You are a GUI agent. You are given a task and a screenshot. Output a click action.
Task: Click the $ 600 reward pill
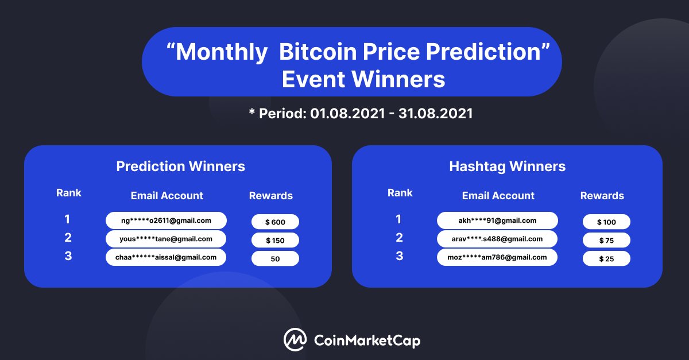(x=275, y=222)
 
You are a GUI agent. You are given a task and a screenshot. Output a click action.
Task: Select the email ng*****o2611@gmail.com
(x=166, y=220)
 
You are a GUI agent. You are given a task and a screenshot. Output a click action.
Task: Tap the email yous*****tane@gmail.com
(x=166, y=239)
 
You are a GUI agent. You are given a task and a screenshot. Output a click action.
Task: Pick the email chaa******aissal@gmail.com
(x=166, y=257)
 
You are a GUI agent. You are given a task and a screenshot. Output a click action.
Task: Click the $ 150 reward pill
(x=275, y=240)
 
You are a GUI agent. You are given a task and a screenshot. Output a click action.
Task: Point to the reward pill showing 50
(x=275, y=258)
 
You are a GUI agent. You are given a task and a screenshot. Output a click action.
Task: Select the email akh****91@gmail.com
(x=497, y=220)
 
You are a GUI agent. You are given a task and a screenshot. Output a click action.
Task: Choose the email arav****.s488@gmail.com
(x=497, y=239)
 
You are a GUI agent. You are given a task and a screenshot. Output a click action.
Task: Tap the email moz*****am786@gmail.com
(x=497, y=257)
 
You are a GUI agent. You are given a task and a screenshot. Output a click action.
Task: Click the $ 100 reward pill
(x=606, y=222)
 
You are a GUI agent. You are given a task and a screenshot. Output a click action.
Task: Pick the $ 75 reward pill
(x=606, y=240)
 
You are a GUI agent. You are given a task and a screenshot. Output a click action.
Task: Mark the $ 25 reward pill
(x=606, y=258)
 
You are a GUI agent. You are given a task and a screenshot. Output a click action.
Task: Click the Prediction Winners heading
(x=180, y=167)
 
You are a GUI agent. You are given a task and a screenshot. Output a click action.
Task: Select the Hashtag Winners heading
(x=507, y=167)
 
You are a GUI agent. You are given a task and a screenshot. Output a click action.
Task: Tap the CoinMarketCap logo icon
(x=295, y=340)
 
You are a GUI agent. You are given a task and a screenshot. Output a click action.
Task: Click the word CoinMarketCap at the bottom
(x=367, y=340)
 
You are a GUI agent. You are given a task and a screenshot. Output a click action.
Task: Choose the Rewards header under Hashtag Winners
(x=602, y=196)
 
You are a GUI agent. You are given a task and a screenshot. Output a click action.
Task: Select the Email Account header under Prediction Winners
(x=167, y=196)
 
